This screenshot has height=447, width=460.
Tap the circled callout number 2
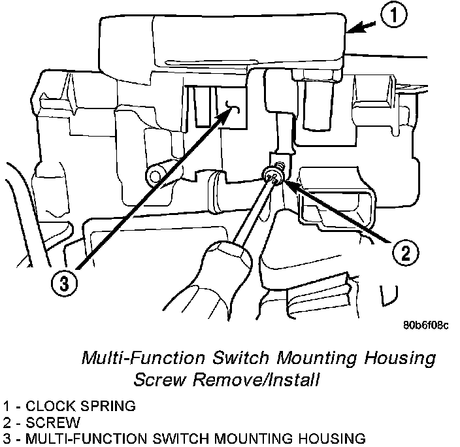click(405, 252)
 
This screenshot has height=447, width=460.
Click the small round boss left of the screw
click(155, 173)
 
